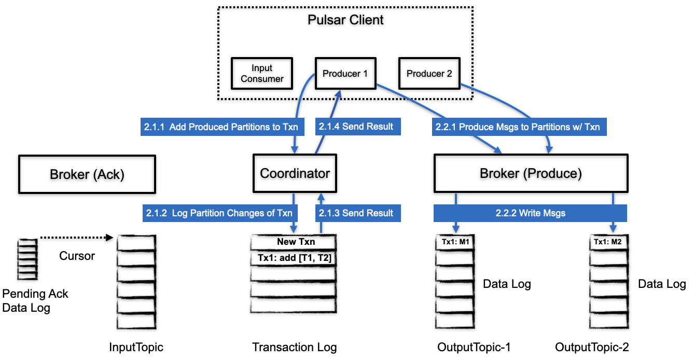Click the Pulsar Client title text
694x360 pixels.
click(345, 20)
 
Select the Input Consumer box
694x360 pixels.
click(262, 74)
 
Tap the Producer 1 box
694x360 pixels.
click(345, 74)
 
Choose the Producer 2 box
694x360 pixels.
click(429, 74)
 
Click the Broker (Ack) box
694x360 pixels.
click(87, 174)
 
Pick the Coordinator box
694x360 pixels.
click(295, 173)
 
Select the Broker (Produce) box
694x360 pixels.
click(531, 173)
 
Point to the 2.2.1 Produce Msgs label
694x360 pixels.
click(519, 127)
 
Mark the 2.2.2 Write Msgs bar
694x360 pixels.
click(530, 213)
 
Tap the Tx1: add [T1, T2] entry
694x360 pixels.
click(294, 258)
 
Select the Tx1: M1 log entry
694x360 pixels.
click(455, 242)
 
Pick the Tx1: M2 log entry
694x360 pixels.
click(608, 242)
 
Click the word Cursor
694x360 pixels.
click(77, 256)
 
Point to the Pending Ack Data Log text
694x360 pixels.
click(35, 301)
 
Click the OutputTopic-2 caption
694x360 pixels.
click(592, 348)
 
